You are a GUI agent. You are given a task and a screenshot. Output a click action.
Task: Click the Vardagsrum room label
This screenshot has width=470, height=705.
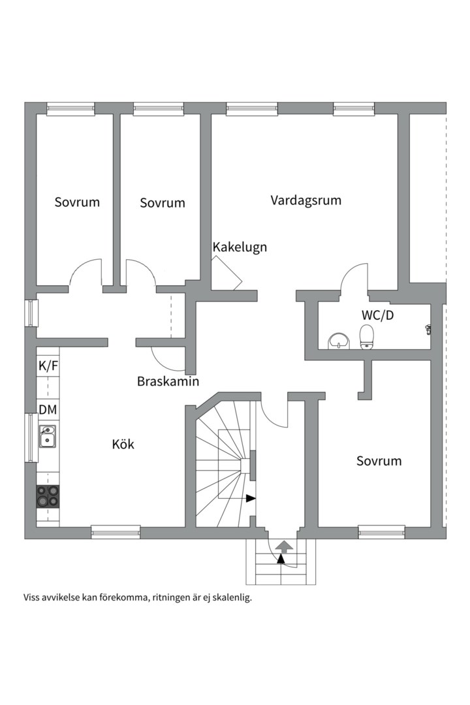coord(306,200)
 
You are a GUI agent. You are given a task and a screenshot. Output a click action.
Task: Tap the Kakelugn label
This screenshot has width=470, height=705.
coord(240,247)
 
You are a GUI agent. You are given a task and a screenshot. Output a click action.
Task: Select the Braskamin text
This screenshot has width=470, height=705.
coord(168,381)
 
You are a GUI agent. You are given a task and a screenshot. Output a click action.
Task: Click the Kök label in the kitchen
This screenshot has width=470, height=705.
coord(123,445)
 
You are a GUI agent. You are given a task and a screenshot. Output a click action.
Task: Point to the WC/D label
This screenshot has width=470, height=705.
coord(377,315)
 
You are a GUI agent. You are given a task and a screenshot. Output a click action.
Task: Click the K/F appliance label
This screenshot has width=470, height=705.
coord(48,366)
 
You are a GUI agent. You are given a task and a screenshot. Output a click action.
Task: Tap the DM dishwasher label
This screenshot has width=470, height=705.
coord(48,410)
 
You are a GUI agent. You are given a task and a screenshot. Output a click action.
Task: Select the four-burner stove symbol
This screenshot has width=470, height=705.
coord(48,496)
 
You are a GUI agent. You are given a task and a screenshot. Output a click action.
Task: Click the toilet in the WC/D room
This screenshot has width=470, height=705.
coord(368,338)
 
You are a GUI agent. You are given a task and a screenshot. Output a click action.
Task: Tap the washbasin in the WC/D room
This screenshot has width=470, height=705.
coord(337,340)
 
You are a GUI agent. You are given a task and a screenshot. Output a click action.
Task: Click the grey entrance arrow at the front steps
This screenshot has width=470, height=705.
coord(284,546)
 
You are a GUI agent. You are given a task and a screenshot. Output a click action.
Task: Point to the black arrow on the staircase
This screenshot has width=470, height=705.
coord(250,499)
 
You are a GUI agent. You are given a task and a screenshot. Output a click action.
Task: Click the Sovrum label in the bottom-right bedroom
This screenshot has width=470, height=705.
coord(379,461)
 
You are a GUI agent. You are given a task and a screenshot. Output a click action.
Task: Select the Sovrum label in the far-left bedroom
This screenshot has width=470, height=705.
coord(77,202)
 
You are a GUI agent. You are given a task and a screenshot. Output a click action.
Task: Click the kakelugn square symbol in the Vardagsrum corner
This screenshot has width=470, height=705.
coord(226,272)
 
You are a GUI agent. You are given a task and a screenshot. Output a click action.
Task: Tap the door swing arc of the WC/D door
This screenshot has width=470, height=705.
coord(353,273)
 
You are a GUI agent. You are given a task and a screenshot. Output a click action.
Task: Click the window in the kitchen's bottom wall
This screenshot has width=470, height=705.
coord(116,532)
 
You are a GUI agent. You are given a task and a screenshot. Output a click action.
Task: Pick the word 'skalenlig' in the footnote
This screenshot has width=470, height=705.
coord(231,597)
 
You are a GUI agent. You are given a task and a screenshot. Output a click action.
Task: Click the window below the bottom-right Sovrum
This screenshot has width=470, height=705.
coord(381,532)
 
